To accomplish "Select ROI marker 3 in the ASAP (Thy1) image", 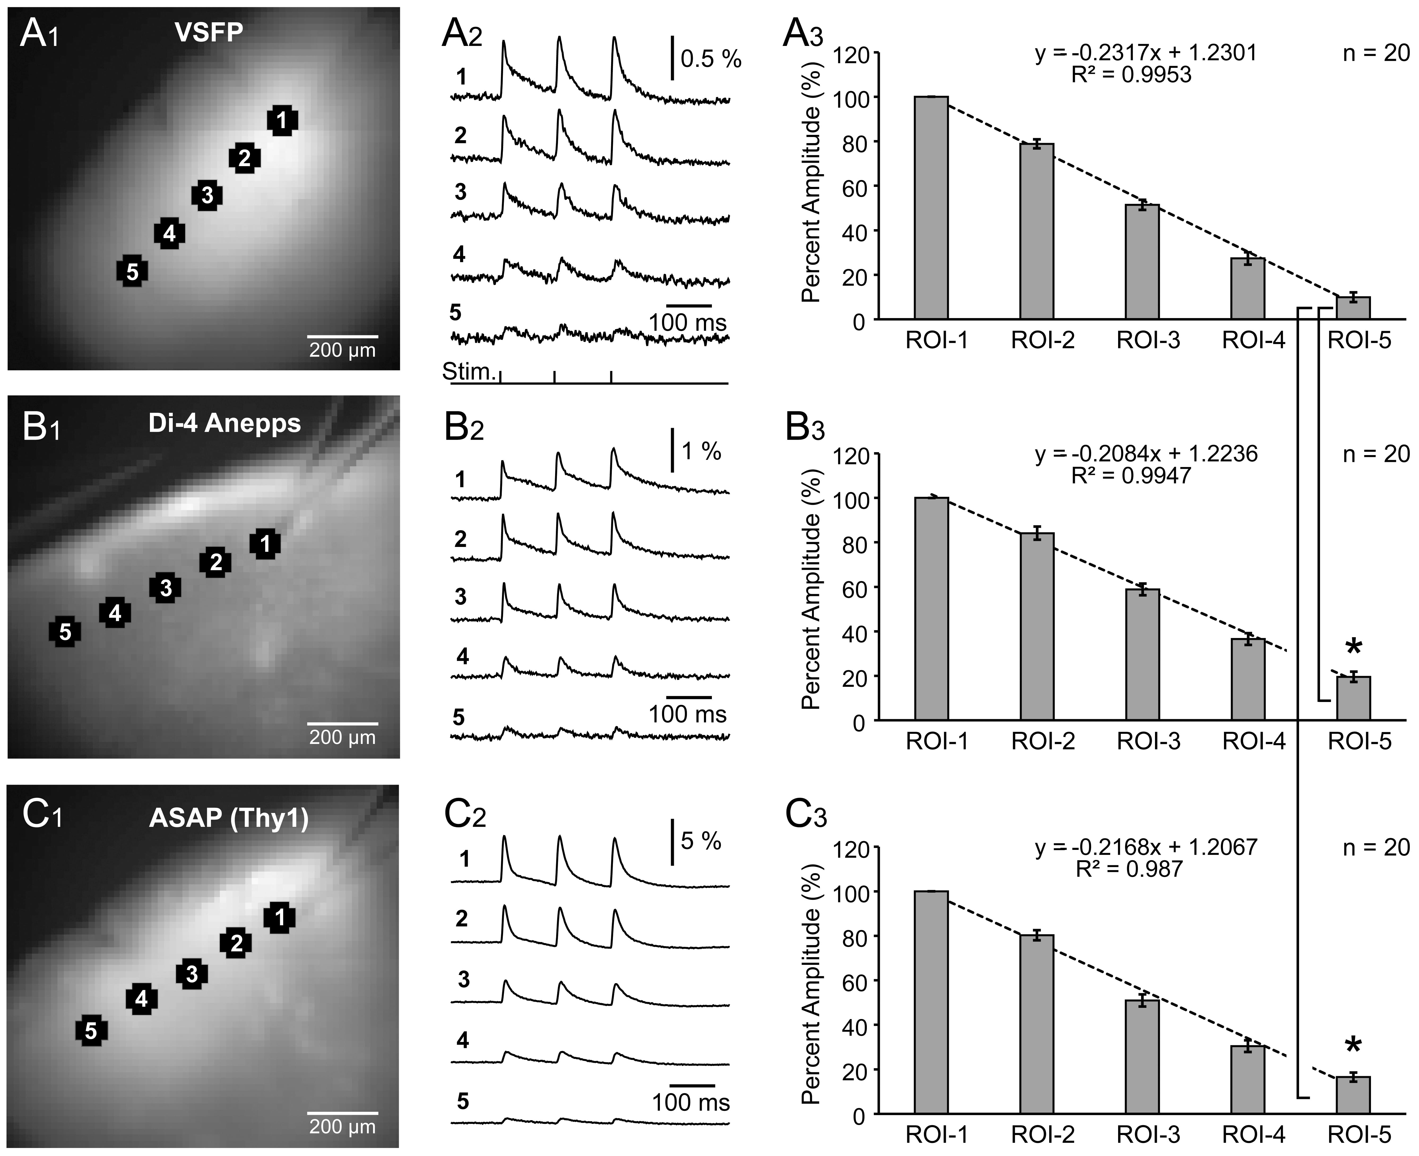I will (192, 974).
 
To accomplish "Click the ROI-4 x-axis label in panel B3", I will (1253, 741).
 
